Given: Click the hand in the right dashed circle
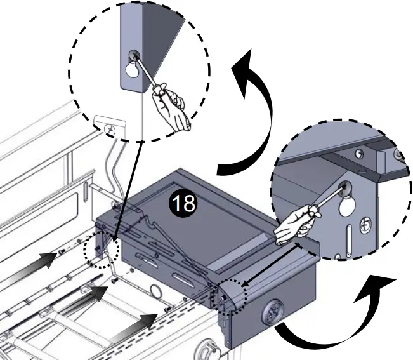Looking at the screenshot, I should (x=293, y=225).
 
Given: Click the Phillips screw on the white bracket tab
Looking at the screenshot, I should (x=110, y=129).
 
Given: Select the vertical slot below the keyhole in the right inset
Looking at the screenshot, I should (x=349, y=237).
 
